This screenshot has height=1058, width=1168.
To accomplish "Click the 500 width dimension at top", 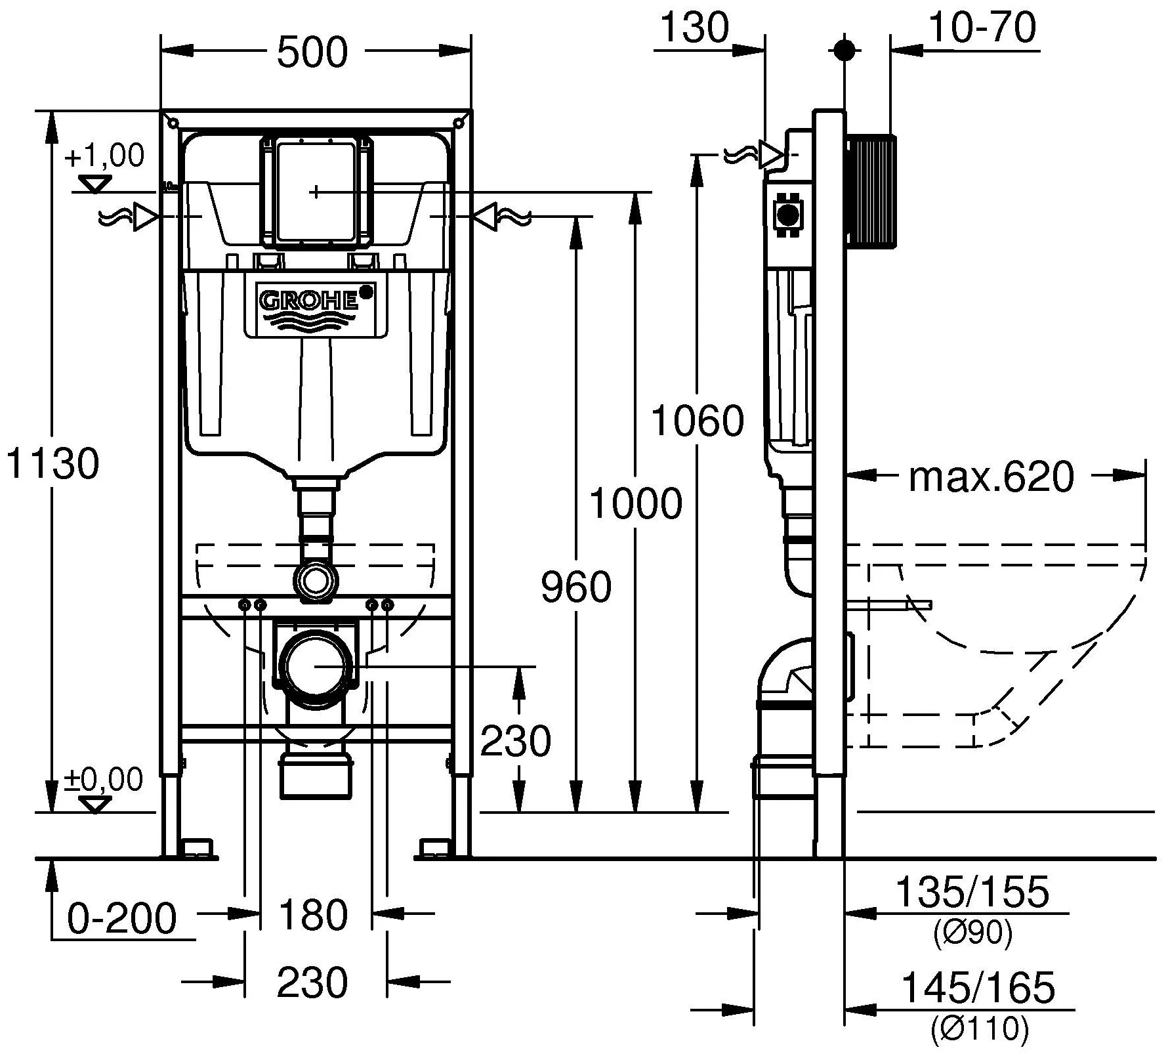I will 312,53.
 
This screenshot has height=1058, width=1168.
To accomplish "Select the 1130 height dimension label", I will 52,463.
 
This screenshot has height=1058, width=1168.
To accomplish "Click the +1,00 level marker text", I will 105,156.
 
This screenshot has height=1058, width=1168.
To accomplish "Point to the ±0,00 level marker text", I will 104,780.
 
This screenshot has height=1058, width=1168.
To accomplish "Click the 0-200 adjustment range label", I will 122,918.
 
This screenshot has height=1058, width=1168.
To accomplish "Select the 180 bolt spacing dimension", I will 313,915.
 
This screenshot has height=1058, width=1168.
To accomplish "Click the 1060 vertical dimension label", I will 698,421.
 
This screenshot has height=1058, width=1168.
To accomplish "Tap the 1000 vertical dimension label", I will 636,504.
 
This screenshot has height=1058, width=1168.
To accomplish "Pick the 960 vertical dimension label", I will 576,587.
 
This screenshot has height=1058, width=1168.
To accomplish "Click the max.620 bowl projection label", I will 991,477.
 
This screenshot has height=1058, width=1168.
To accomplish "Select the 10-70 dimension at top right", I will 982,28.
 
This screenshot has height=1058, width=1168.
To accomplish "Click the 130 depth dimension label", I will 694,28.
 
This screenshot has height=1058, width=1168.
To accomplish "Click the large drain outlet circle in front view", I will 314,666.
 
